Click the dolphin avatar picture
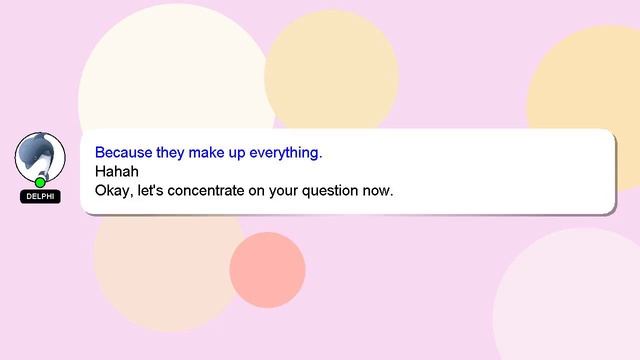point(40,155)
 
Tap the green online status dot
point(40,182)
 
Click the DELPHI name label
point(40,197)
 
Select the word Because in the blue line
point(124,153)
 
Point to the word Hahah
point(115,171)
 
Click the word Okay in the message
point(112,189)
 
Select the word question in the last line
point(329,189)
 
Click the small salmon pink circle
point(267,270)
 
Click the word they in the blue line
point(171,153)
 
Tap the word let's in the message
point(150,189)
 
